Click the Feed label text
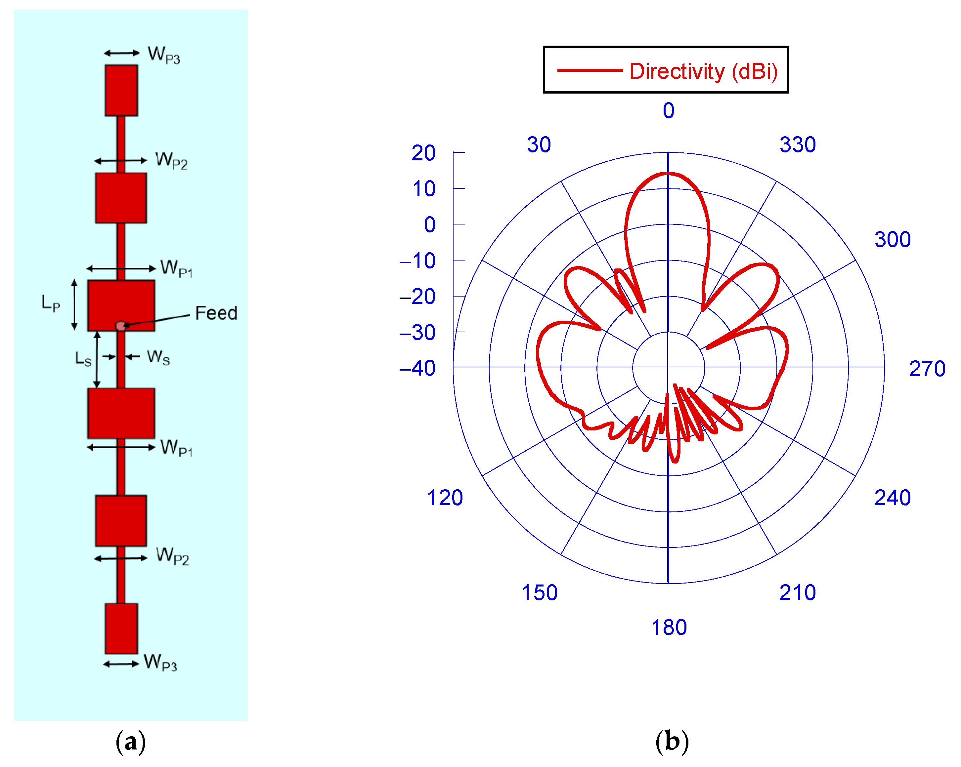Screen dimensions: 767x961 (x=216, y=313)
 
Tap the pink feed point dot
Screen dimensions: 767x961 (x=120, y=326)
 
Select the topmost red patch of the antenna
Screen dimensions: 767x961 (x=121, y=90)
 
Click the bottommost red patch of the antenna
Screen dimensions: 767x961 (x=121, y=628)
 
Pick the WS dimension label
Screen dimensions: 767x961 (x=158, y=357)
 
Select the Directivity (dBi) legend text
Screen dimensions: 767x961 (x=703, y=71)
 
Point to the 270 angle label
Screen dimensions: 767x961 (x=927, y=369)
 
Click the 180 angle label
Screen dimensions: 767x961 (x=669, y=627)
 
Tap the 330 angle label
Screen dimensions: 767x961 (x=798, y=145)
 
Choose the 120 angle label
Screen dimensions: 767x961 (x=445, y=498)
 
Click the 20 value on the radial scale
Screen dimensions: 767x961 (x=423, y=153)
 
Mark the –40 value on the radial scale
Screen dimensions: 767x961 (x=418, y=368)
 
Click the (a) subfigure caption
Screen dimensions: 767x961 (x=131, y=742)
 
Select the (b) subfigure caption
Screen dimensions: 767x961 (x=672, y=742)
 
